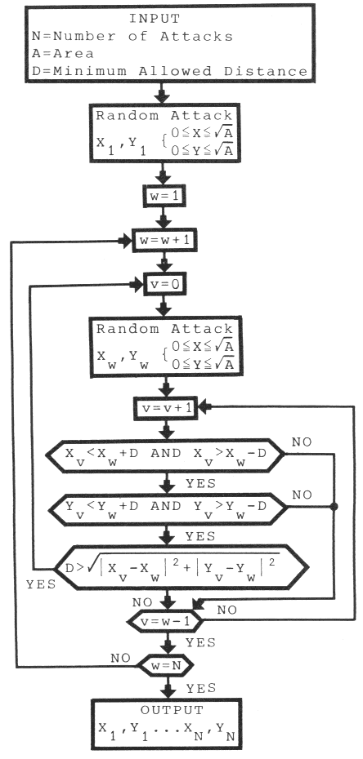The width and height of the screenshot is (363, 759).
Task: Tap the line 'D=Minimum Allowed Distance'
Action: [x=166, y=72]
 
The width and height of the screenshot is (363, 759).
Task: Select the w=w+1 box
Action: [x=168, y=242]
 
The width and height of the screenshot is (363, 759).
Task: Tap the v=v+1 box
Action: [x=168, y=407]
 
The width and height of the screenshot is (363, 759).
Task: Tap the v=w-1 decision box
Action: [x=167, y=623]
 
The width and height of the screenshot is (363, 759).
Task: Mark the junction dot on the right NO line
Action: [x=334, y=506]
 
